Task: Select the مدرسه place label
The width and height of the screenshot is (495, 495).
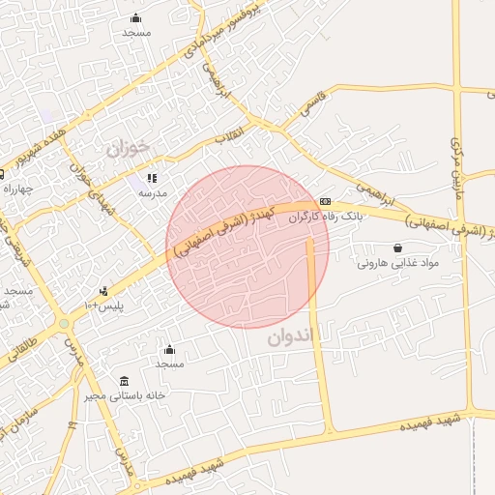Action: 152,193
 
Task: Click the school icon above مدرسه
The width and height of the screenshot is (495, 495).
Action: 152,179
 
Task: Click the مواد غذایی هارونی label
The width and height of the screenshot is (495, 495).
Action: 398,263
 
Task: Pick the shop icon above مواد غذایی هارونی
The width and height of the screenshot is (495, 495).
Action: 398,247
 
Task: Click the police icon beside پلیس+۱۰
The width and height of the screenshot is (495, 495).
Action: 103,290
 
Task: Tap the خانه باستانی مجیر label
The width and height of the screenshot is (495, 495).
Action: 125,395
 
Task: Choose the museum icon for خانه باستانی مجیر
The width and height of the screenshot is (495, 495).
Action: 124,380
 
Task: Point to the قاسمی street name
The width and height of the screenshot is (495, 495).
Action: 317,103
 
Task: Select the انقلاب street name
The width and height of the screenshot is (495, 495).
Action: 233,137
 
